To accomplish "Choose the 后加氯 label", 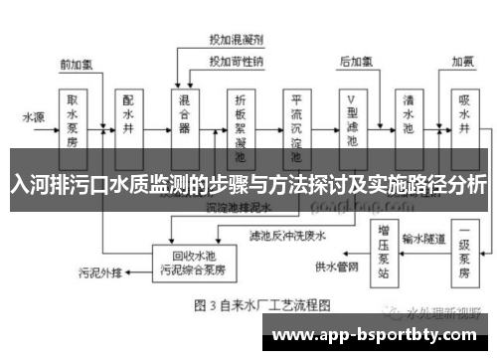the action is (x=355, y=62).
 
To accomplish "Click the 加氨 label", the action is (x=463, y=62).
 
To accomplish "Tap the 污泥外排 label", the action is (x=99, y=271).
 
